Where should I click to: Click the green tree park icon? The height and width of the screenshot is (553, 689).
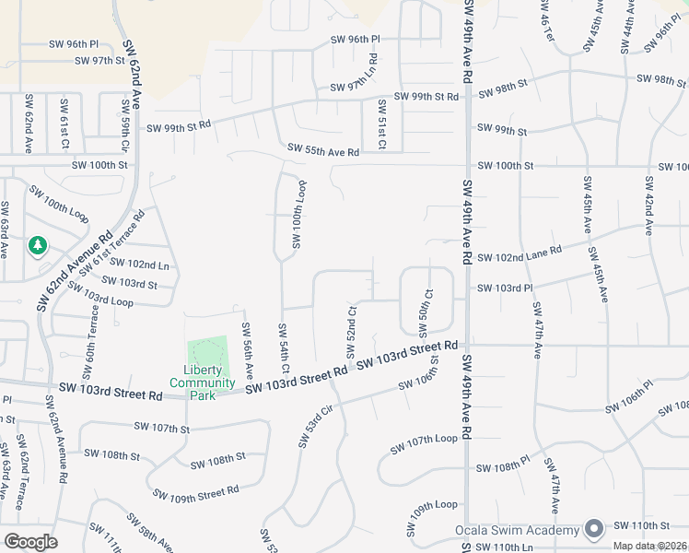point(38,245)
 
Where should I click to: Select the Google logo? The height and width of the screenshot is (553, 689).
point(30,542)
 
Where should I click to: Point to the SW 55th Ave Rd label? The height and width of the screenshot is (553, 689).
point(322,148)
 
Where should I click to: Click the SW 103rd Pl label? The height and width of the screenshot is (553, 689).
point(505,288)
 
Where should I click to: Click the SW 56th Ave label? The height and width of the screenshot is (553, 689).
point(248,351)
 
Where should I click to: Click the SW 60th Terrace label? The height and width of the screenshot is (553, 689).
point(90,352)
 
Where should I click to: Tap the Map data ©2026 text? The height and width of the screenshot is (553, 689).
point(648,545)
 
